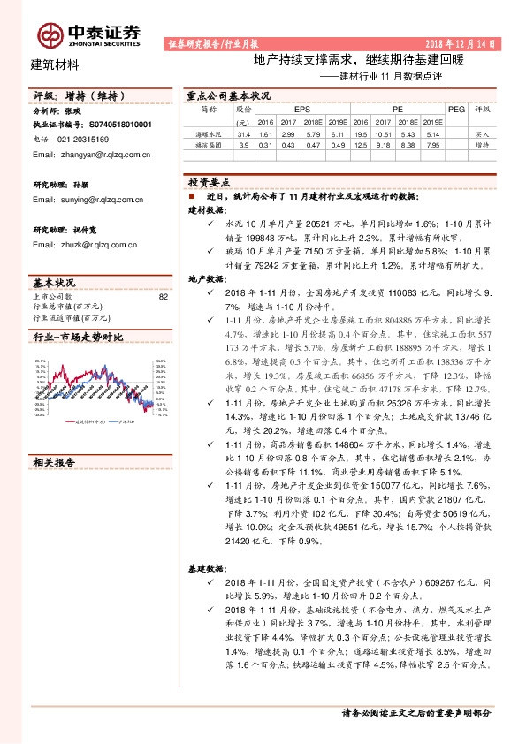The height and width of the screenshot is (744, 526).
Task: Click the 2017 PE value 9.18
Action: pos(383,144)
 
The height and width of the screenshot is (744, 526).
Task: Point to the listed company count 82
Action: pos(163,297)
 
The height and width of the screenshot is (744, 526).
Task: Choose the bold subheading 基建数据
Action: pos(209,566)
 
